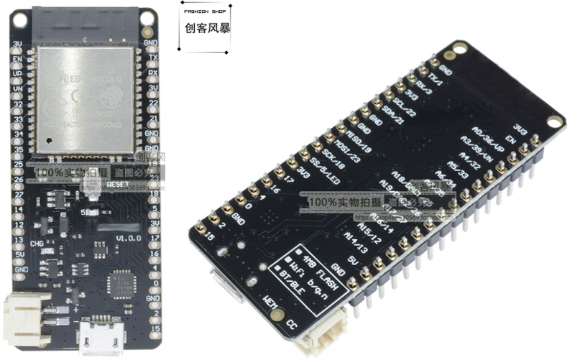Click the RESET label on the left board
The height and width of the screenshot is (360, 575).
click(117, 185)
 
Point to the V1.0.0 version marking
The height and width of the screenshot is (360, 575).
click(129, 236)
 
